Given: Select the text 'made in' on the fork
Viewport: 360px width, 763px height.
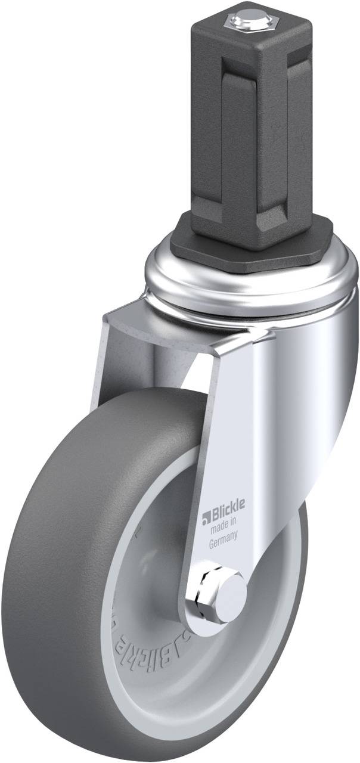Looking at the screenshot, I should (223, 523).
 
